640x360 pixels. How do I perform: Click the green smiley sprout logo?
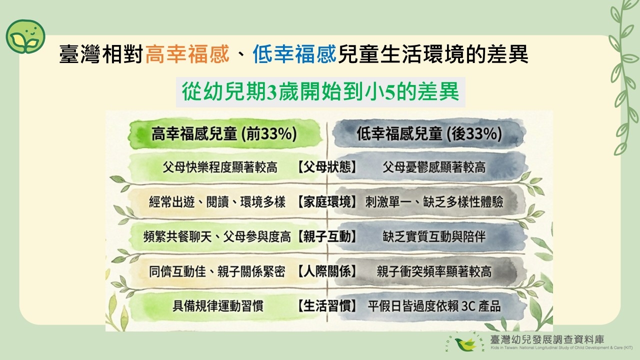click(x=25, y=37)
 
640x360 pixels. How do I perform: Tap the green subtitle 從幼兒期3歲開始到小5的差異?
click(x=320, y=91)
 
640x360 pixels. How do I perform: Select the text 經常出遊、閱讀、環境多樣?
click(x=217, y=202)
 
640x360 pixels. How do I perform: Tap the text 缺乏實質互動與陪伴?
click(x=434, y=236)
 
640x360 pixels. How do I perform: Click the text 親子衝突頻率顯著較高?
click(x=434, y=271)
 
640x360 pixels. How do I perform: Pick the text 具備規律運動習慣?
click(x=218, y=306)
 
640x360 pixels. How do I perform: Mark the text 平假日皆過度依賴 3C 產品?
click(x=434, y=306)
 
